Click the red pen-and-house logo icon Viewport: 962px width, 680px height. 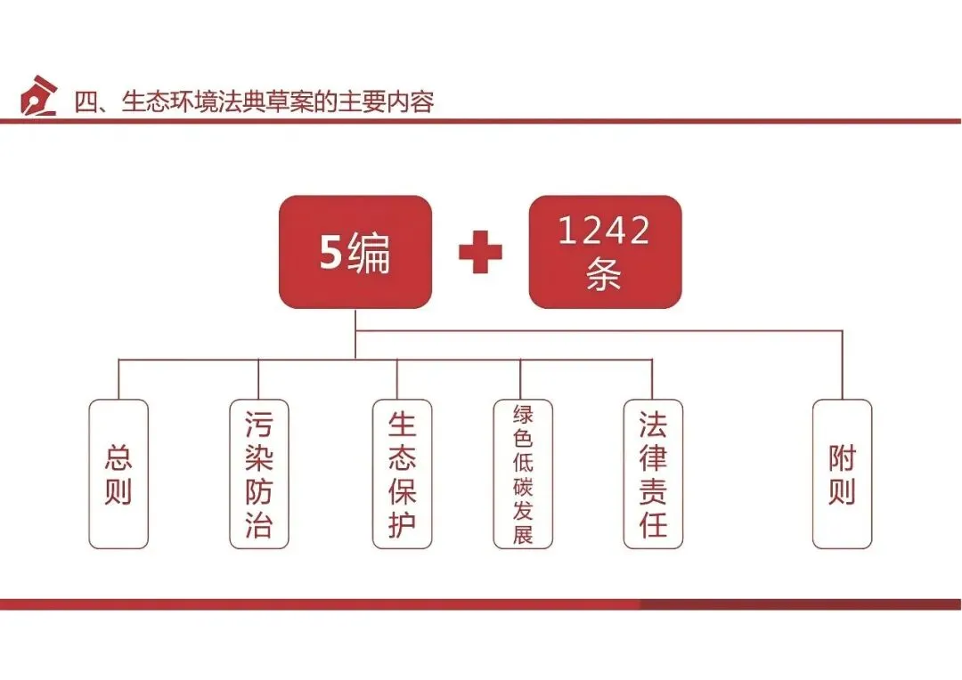38,96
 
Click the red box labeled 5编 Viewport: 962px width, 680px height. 355,253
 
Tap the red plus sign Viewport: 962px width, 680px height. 480,253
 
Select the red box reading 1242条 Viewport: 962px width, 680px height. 605,253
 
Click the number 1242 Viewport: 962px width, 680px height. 604,231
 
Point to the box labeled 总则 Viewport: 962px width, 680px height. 118,474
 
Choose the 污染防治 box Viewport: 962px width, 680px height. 258,474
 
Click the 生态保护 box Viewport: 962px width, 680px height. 402,474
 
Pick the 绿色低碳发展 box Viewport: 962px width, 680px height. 523,474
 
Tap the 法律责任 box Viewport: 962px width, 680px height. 653,474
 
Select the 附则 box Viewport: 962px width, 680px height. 842,474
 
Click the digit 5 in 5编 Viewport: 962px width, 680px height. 331,255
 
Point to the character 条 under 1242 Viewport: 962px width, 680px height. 604,275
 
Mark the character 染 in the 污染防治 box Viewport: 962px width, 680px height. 258,457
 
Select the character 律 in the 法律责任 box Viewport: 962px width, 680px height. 653,457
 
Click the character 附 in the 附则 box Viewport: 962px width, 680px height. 842,458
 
